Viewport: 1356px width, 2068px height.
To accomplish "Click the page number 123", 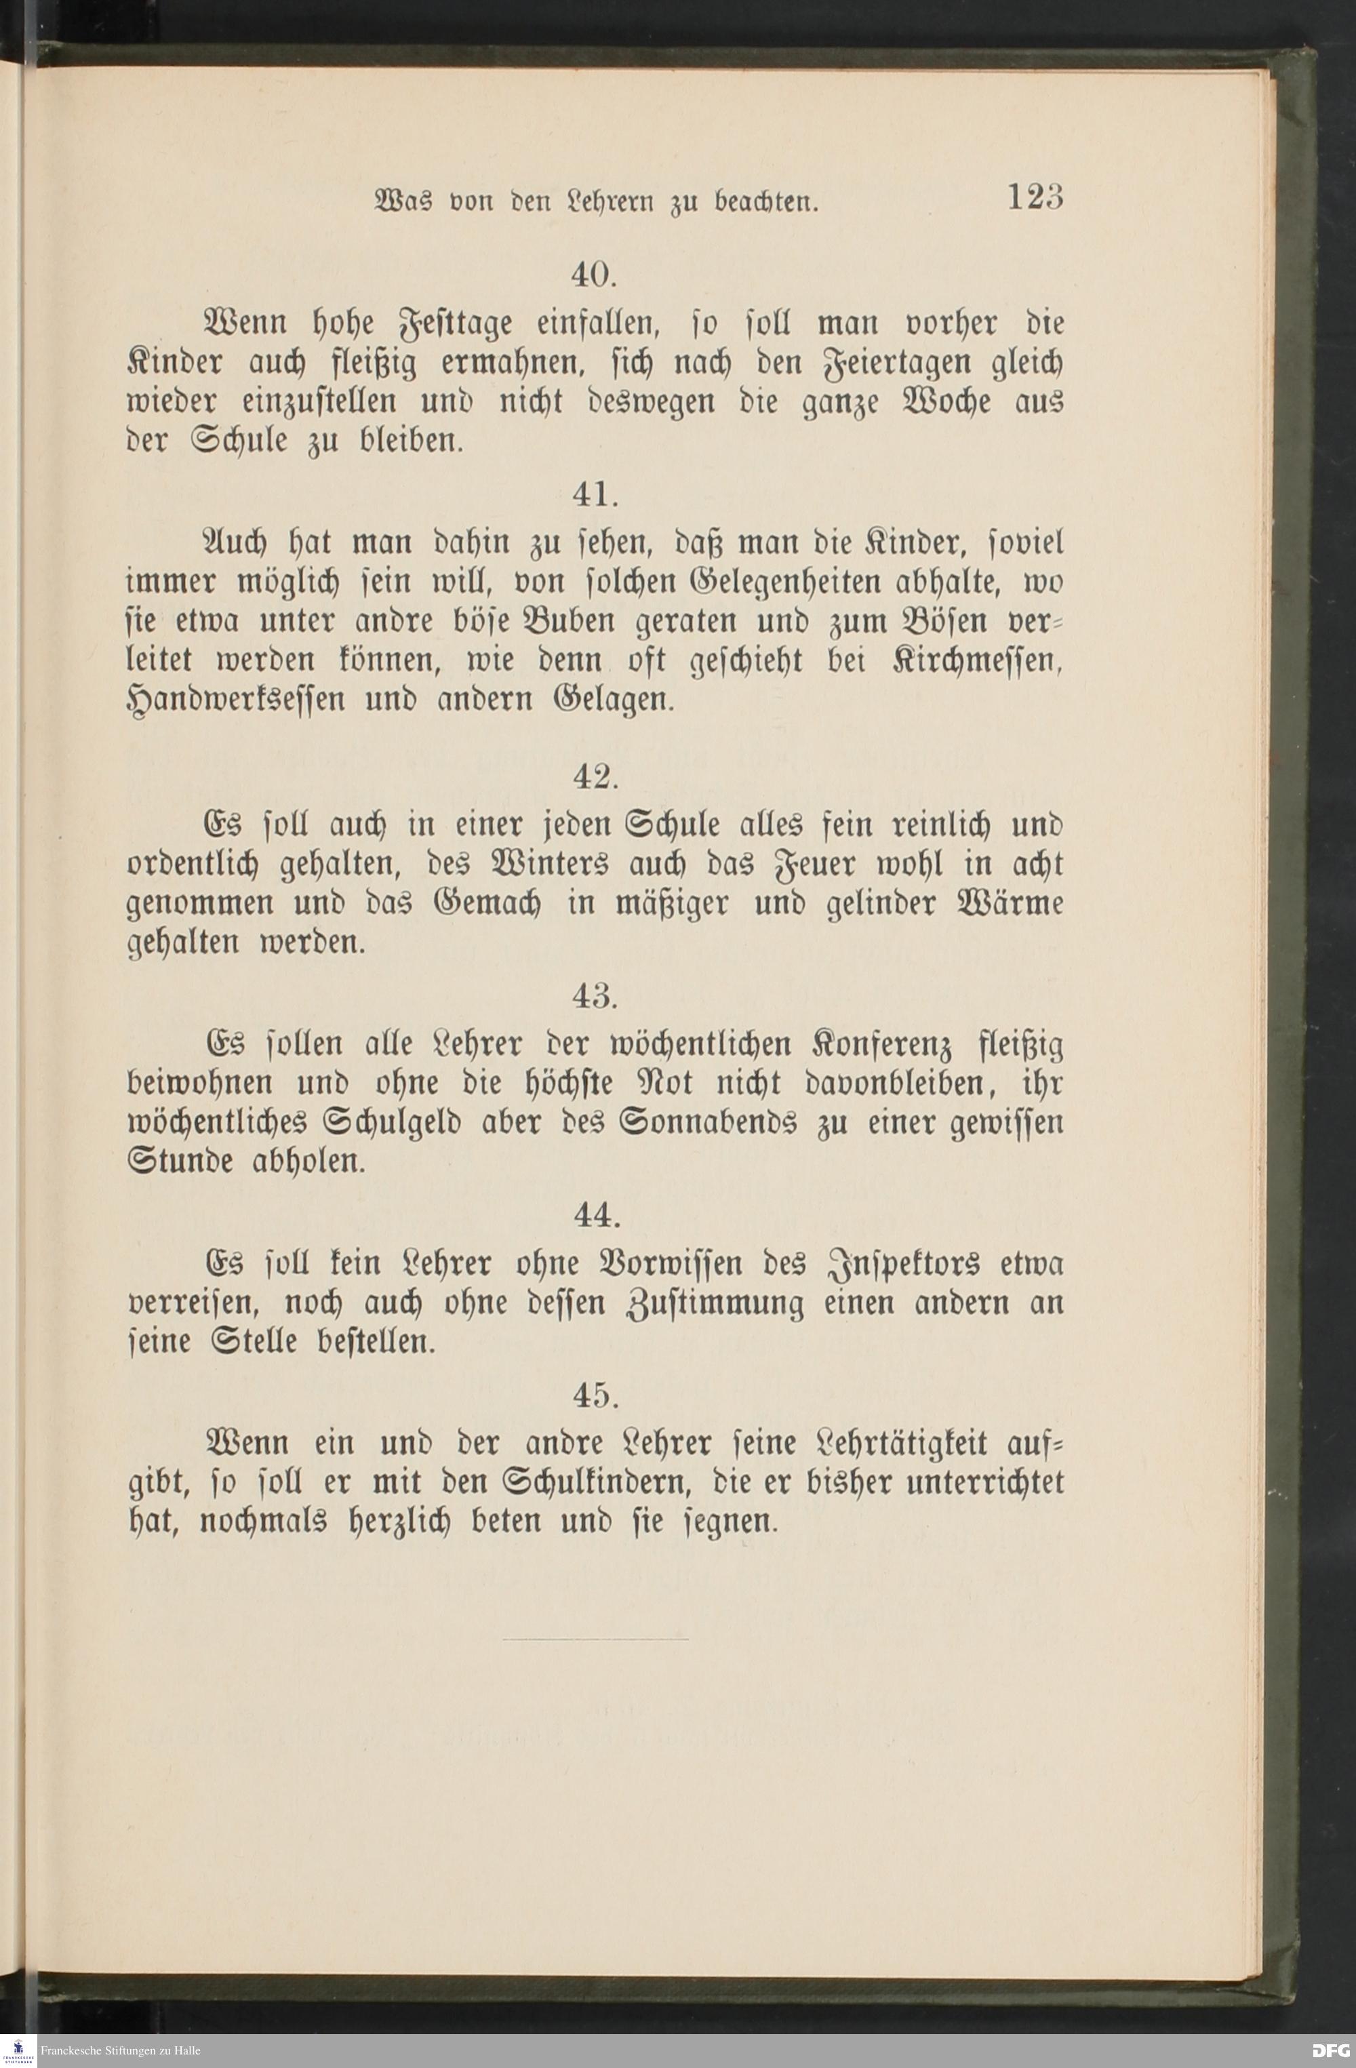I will point(1035,198).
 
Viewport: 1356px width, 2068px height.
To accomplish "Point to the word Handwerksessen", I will point(236,700).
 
